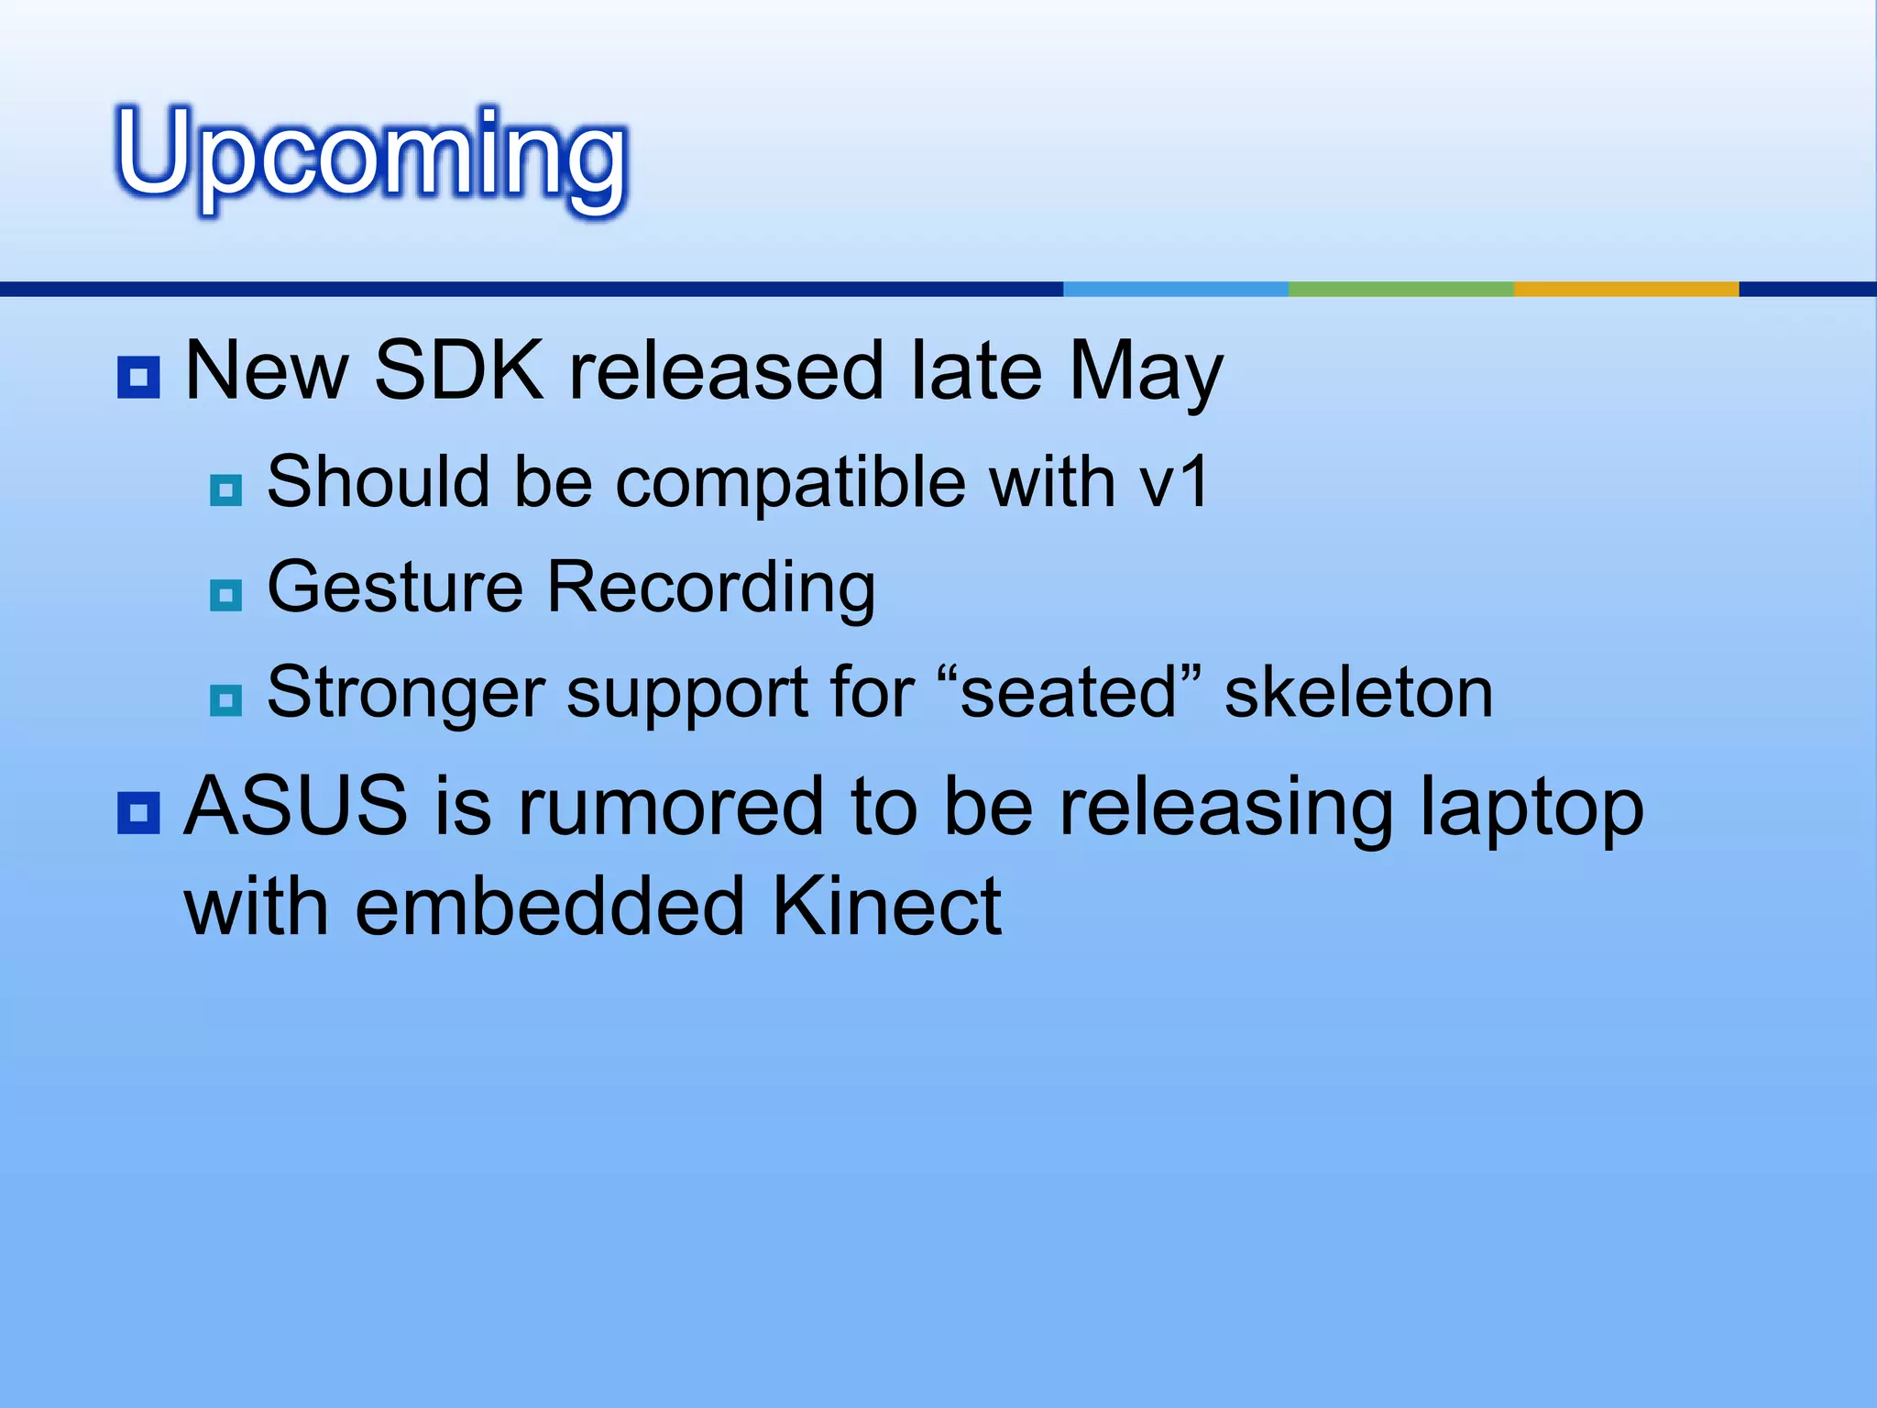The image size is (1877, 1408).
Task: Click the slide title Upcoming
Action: point(371,156)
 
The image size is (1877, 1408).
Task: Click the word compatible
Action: point(790,483)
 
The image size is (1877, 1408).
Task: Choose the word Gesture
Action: point(395,588)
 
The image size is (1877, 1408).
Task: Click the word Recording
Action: point(710,588)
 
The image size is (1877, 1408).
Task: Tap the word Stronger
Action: point(406,694)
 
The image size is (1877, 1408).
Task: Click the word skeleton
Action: point(1358,694)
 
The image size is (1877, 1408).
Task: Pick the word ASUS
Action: point(296,807)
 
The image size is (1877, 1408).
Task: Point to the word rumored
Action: point(671,807)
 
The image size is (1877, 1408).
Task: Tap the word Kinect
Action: point(886,907)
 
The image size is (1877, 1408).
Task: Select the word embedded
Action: point(550,907)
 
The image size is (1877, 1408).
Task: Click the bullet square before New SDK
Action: point(139,377)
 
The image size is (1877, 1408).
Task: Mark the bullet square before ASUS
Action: point(139,812)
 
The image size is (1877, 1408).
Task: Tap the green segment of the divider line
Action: point(1400,289)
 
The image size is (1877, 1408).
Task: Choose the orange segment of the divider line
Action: point(1626,289)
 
